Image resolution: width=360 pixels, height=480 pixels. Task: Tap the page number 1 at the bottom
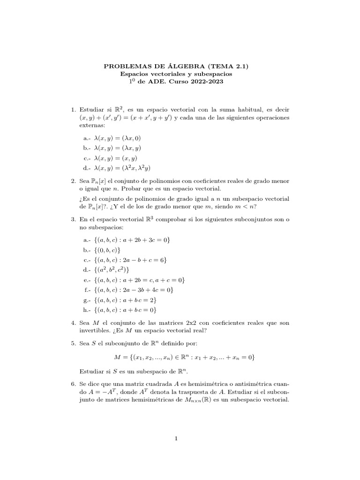[x=176, y=439]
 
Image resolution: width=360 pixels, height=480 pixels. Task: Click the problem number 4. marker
[x=74, y=323]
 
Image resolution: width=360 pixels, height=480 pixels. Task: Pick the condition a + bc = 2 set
[x=126, y=300]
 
